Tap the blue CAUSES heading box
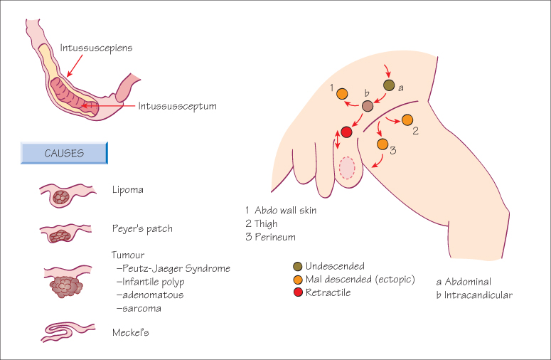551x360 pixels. [64, 153]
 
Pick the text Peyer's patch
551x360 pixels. [142, 229]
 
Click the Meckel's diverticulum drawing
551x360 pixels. [66, 334]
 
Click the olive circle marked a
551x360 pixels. [389, 85]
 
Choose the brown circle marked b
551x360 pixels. [368, 107]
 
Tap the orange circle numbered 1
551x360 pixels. [342, 93]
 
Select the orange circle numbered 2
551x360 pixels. [407, 120]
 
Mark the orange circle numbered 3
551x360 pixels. [383, 144]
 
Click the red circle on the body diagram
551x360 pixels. [347, 132]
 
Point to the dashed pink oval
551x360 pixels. [347, 167]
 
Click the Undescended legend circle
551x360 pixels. [297, 266]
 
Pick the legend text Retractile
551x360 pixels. [329, 292]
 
